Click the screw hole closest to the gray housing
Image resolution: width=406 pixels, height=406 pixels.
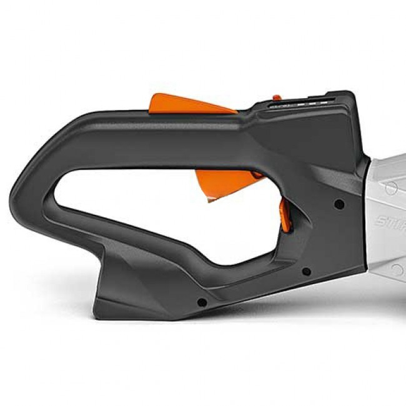[x=339, y=204]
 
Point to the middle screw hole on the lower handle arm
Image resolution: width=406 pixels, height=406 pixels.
[x=306, y=271]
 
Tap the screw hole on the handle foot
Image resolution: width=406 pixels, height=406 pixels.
[x=201, y=302]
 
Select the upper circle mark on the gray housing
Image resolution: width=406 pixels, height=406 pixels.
[x=391, y=187]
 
